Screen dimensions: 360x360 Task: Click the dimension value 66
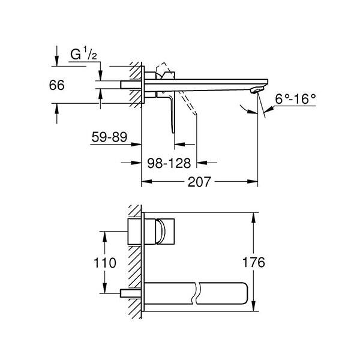pos(56,86)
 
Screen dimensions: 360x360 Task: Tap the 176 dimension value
pos(271,262)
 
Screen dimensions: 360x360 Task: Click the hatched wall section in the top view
pos(137,84)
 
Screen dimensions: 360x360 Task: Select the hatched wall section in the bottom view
pos(136,264)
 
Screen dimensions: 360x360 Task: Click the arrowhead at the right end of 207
pos(254,179)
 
